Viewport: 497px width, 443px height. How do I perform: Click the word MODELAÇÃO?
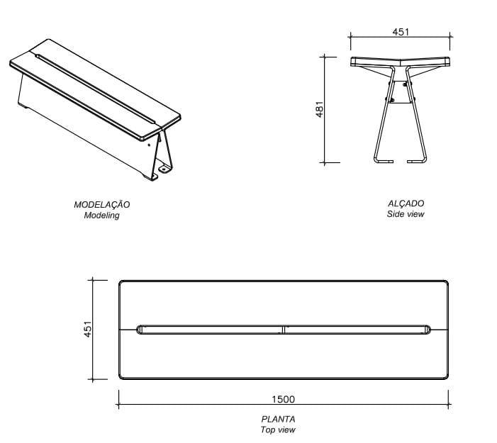[102, 204]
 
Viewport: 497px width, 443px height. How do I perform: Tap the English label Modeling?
[102, 215]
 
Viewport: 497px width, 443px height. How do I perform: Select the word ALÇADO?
[406, 203]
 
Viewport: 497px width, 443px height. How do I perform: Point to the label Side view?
[406, 214]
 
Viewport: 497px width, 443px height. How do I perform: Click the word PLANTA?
[278, 419]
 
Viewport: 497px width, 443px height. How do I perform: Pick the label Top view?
[278, 430]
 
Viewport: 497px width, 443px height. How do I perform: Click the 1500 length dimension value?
[283, 399]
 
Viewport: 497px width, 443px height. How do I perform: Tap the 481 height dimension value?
[320, 109]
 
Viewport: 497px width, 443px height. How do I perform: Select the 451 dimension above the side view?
[401, 32]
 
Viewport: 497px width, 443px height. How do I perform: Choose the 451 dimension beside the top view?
[88, 330]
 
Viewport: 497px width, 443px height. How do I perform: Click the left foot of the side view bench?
[384, 161]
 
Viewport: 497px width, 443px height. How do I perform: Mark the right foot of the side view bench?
[416, 161]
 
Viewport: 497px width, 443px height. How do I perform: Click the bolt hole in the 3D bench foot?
[164, 169]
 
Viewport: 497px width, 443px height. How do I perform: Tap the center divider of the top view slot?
[284, 329]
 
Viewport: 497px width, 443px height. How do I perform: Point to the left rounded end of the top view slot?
[140, 329]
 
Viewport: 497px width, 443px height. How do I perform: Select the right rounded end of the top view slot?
[428, 329]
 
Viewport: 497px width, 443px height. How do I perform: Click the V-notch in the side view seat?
[401, 62]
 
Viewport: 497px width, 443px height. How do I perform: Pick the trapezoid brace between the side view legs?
[401, 94]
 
